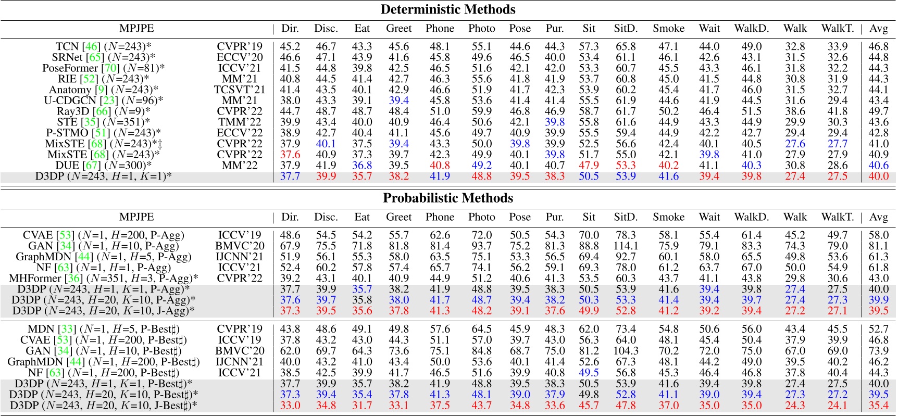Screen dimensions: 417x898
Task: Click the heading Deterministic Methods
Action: pos(448,9)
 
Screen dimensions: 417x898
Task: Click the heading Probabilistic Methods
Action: pos(448,198)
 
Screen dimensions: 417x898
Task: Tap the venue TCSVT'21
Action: pos(240,90)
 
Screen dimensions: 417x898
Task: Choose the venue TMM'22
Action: pos(240,122)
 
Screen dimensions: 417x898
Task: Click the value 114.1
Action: pos(625,246)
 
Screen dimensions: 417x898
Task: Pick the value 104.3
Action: pos(625,351)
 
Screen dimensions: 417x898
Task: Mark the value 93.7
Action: pos(481,246)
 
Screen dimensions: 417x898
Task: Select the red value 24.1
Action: pos(837,406)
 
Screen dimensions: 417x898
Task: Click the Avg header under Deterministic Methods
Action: pos(878,29)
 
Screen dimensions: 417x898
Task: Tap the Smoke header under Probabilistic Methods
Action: pos(668,217)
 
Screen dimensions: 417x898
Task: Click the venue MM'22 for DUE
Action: pos(240,166)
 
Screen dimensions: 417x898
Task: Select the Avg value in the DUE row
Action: pos(878,166)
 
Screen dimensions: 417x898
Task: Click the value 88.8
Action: pos(589,246)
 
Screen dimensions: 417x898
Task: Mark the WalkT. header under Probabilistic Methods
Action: pos(837,217)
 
